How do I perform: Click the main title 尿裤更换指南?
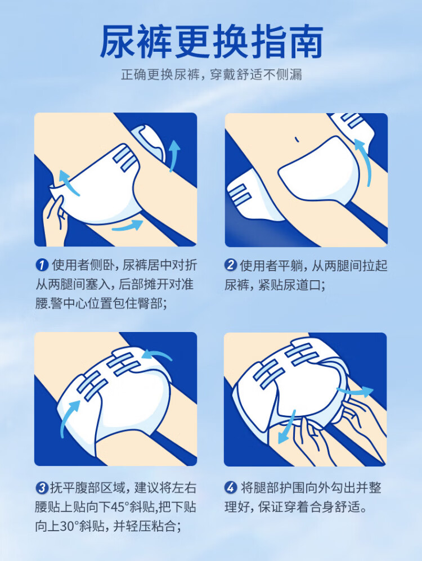click(211, 42)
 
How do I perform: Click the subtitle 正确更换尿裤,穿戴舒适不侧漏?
click(212, 75)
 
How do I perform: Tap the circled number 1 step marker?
click(42, 265)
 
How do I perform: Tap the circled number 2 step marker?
click(231, 265)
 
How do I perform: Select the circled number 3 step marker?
click(42, 488)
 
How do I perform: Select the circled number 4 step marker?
click(231, 488)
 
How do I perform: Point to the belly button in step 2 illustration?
click(296, 139)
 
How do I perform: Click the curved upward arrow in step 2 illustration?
click(365, 161)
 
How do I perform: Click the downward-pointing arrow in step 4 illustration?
click(287, 428)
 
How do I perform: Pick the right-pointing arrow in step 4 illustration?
click(355, 391)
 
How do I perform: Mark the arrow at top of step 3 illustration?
click(158, 355)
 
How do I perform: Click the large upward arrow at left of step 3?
click(69, 418)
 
